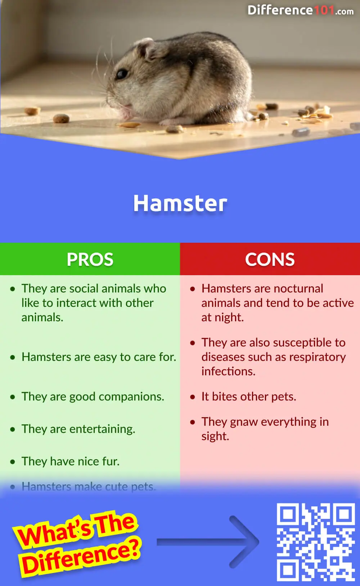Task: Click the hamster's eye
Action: pyautogui.click(x=122, y=74)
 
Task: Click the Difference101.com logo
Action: pyautogui.click(x=300, y=10)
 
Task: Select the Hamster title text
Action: pyautogui.click(x=180, y=203)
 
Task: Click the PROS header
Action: pyautogui.click(x=90, y=259)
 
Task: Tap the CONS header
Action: pyautogui.click(x=270, y=259)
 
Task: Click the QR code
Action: pyautogui.click(x=316, y=542)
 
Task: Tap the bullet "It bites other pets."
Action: pyautogui.click(x=249, y=397)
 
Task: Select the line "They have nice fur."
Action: pyautogui.click(x=70, y=461)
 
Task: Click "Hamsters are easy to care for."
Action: pyautogui.click(x=99, y=357)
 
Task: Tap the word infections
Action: pyautogui.click(x=228, y=371)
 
